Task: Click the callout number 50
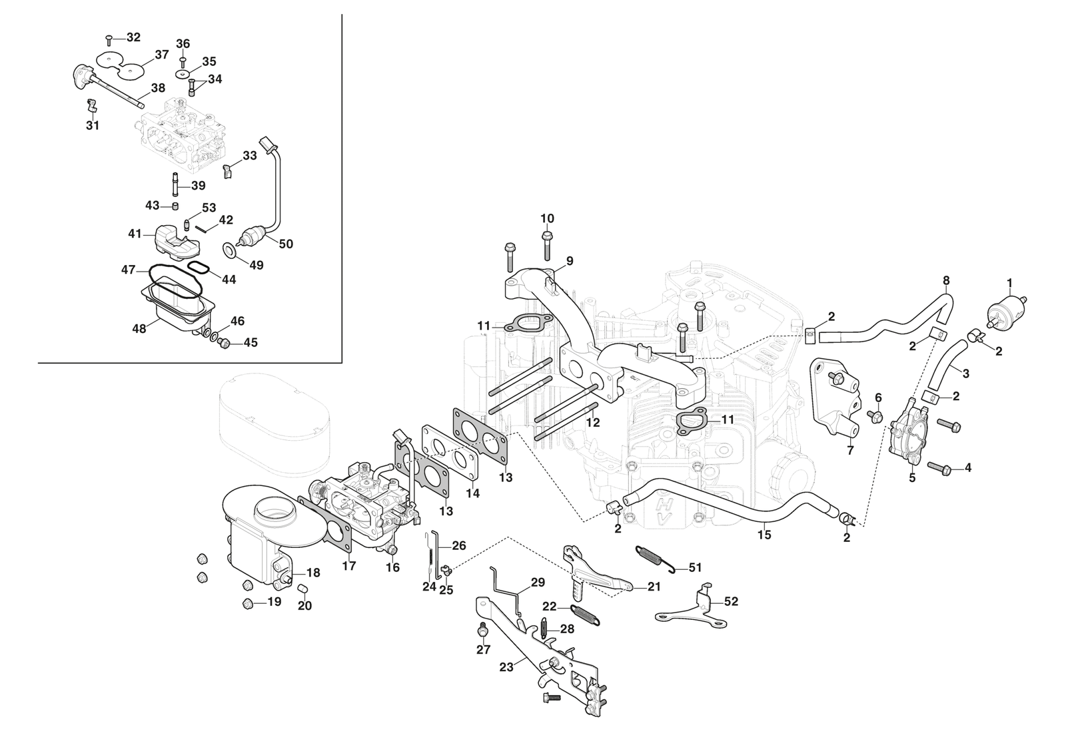[285, 244]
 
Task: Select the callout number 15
[764, 535]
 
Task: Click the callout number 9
[570, 260]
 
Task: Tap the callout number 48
[139, 328]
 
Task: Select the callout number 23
[506, 666]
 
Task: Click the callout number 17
[349, 566]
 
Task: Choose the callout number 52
[731, 601]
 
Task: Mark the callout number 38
[158, 88]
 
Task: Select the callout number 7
[850, 451]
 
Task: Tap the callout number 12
[593, 422]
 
